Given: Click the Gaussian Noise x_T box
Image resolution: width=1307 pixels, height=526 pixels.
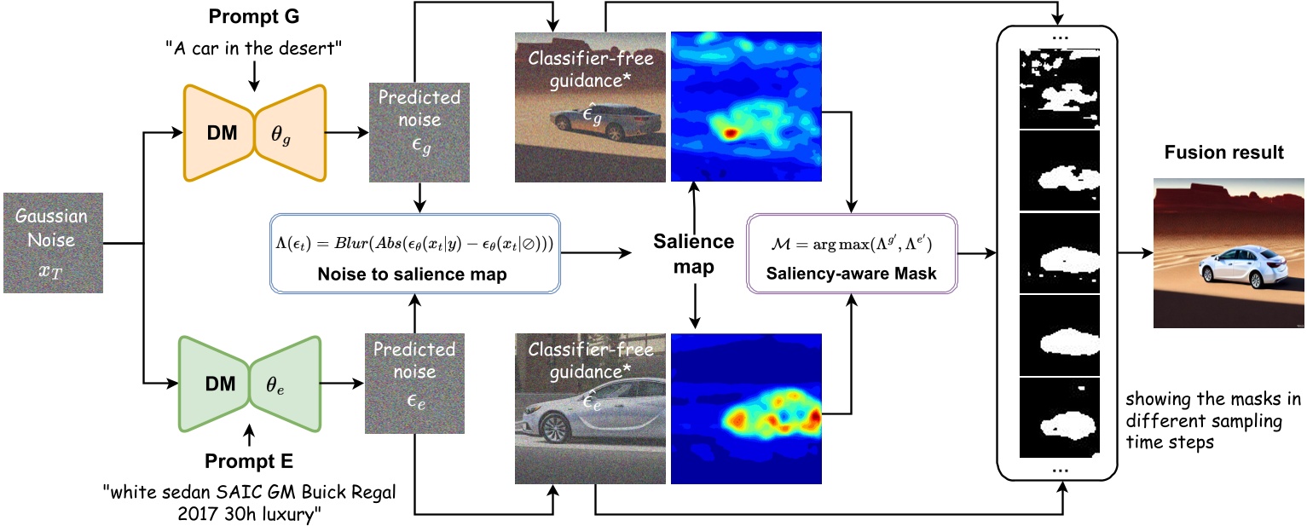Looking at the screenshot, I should point(53,242).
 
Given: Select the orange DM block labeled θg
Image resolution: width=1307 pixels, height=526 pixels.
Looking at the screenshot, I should point(253,132).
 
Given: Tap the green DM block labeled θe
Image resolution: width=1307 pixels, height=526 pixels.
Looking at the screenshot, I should point(249,385).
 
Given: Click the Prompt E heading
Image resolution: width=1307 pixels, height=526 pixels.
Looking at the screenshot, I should point(249,462).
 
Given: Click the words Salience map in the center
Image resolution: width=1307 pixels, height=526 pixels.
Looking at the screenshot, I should point(693,253).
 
